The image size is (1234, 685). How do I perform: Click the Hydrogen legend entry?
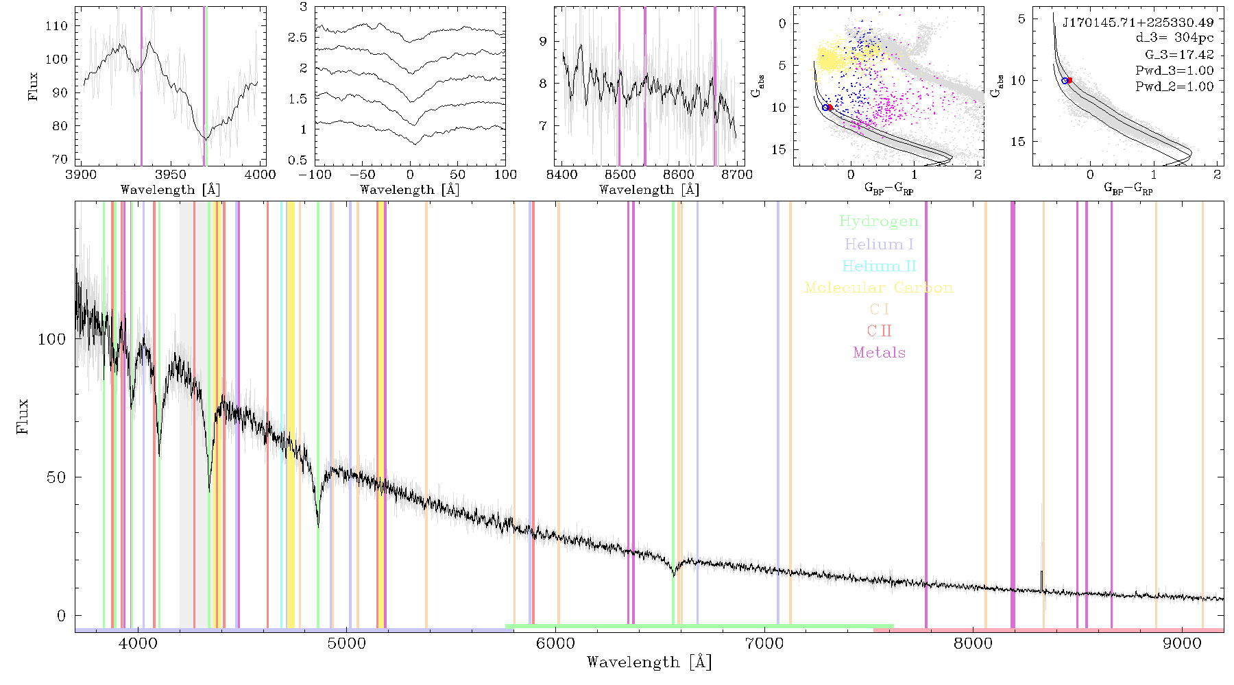[x=878, y=222]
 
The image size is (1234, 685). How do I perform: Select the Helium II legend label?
[x=879, y=266]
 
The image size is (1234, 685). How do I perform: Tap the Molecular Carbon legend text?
[x=879, y=288]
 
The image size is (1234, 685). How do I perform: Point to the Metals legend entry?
[x=880, y=353]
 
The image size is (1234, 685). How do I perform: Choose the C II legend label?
[x=880, y=331]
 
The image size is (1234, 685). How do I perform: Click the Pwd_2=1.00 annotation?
[x=1174, y=86]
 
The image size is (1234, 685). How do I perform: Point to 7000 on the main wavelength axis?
[x=764, y=644]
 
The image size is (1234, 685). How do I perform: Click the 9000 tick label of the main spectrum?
[x=1182, y=644]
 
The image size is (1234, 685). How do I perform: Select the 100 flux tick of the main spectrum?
[x=51, y=339]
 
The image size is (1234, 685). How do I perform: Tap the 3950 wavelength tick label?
[x=171, y=175]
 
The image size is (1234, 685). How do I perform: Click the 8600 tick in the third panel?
[x=679, y=175]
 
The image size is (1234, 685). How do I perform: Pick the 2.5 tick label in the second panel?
[x=298, y=38]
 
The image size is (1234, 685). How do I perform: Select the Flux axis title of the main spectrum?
[x=23, y=416]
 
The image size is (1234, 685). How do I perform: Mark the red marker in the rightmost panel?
[x=1069, y=80]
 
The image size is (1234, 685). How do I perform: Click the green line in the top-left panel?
[x=206, y=86]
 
